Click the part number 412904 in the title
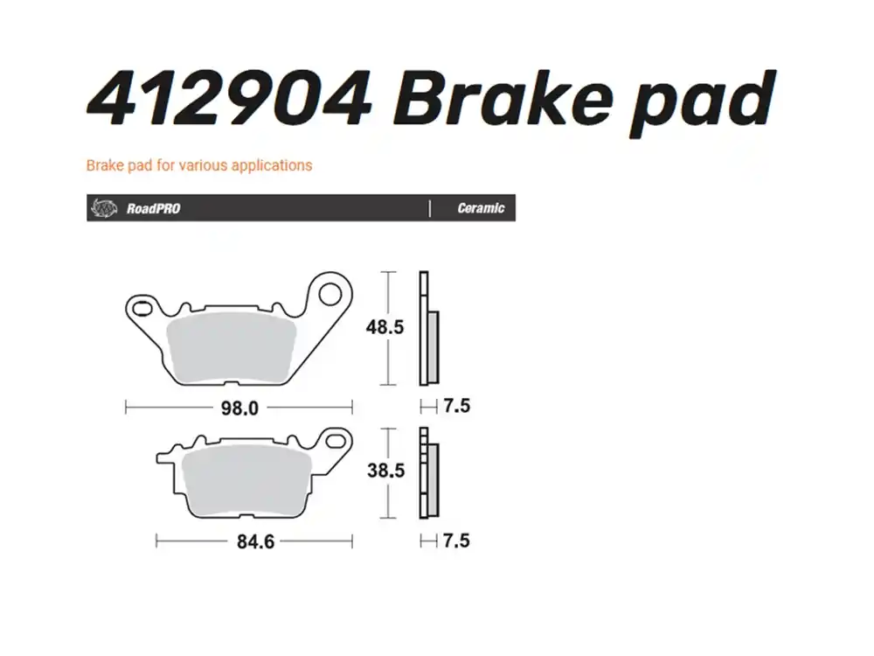(x=229, y=99)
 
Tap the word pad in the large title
(x=703, y=104)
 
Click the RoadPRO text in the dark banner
(x=153, y=209)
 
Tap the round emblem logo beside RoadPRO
(x=104, y=208)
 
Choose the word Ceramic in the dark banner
(x=481, y=208)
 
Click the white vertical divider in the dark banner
(x=430, y=208)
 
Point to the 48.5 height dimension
(x=385, y=327)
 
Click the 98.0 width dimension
(x=239, y=408)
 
